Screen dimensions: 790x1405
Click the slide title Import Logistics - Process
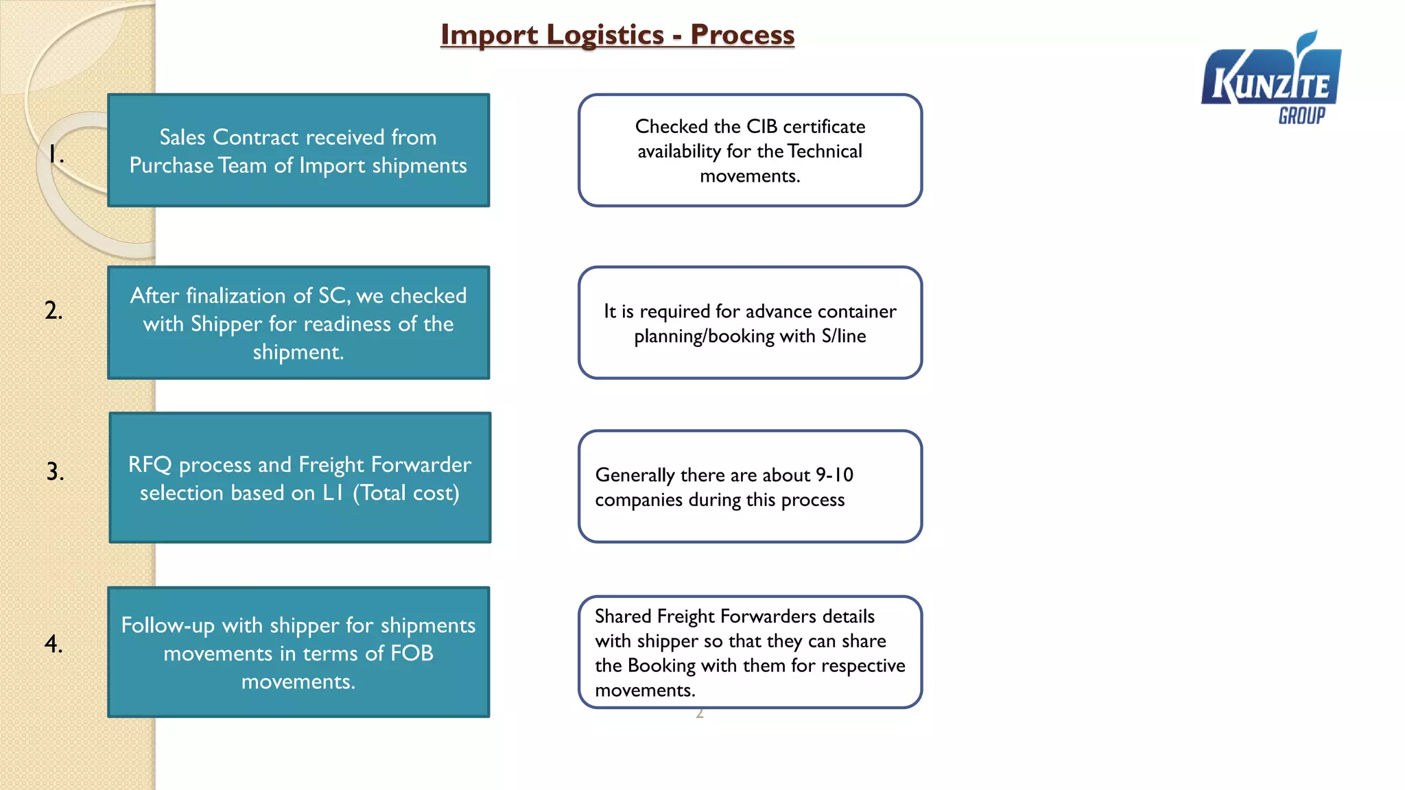[617, 35]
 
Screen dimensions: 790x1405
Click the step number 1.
[56, 154]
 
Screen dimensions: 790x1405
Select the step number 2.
[54, 310]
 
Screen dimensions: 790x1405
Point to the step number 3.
[55, 471]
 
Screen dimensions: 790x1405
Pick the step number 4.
[54, 643]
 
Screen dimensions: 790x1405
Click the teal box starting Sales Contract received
[298, 150]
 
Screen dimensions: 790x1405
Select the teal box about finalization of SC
[298, 322]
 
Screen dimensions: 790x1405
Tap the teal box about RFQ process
[300, 477]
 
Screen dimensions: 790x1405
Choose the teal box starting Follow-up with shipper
[298, 652]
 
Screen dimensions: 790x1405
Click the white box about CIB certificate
[750, 150]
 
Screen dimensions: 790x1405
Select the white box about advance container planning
[750, 323]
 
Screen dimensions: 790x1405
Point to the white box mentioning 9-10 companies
[750, 487]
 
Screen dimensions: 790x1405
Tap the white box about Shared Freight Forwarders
[750, 652]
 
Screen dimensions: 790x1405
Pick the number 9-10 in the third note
[834, 475]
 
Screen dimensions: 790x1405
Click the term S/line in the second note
[843, 336]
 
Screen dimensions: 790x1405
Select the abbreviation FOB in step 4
[412, 653]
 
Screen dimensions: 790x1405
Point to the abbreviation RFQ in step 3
[150, 465]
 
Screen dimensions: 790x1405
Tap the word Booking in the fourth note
[661, 666]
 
